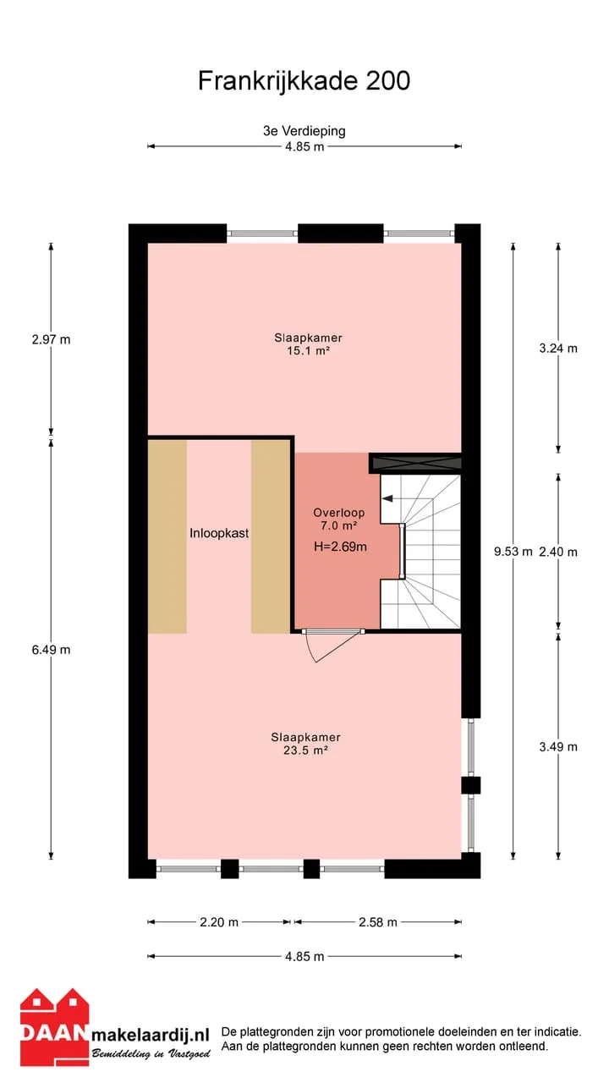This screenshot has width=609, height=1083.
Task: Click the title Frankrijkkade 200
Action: pos(304,80)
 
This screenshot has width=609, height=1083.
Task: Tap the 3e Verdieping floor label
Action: pos(304,131)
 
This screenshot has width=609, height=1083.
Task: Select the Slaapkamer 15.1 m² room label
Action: pos(309,344)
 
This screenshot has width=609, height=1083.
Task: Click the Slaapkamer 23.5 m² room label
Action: pos(305,744)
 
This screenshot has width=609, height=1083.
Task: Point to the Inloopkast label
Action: pos(219,533)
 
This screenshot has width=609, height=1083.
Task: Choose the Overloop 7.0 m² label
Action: pos(339,519)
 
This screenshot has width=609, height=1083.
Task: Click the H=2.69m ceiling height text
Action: pos(340,547)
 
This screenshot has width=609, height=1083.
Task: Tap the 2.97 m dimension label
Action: pos(52,340)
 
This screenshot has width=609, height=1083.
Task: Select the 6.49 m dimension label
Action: pos(52,650)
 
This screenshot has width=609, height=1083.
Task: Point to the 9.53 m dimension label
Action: pos(513,552)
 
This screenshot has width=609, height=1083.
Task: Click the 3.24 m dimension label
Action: pos(558,349)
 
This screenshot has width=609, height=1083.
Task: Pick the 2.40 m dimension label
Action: pos(558,552)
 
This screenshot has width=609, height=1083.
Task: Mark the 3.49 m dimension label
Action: pos(558,747)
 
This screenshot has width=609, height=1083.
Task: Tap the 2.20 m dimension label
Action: pos(219,922)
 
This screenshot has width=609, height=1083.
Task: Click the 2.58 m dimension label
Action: pos(377,922)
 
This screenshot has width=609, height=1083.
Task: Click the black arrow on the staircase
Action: pos(387,498)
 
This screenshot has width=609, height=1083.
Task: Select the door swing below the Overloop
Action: pos(333,646)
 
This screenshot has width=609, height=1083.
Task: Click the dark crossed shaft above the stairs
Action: pos(415,463)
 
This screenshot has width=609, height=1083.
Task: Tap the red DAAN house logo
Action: pos(55,1027)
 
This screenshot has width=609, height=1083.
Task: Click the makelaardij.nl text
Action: pos(151,1035)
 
